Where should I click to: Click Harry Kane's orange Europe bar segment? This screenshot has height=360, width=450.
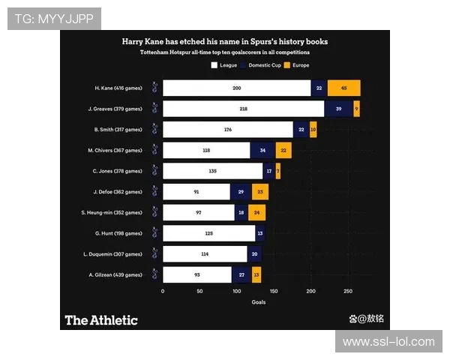343,88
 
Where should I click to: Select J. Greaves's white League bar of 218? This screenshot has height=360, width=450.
243,109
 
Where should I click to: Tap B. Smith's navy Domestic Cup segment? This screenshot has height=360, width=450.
301,130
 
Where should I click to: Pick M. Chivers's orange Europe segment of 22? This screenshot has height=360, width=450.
283,151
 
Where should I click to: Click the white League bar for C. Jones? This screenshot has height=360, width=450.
212,171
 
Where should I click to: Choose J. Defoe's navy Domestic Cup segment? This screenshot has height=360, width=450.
241,192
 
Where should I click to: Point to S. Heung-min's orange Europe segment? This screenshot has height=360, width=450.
257,213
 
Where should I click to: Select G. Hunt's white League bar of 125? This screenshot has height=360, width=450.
208,233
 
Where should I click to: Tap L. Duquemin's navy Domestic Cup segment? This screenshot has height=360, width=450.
255,254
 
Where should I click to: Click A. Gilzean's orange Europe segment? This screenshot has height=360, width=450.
256,275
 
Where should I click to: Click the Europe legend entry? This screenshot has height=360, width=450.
297,65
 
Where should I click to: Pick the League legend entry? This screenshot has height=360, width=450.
225,65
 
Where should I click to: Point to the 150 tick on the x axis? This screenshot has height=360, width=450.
274,291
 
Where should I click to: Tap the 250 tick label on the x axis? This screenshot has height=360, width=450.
348,291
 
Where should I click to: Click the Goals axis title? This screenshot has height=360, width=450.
258,302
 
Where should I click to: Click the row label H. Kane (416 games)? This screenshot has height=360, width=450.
118,88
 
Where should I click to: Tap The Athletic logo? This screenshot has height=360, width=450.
101,320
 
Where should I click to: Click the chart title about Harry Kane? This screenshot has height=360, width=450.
225,42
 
